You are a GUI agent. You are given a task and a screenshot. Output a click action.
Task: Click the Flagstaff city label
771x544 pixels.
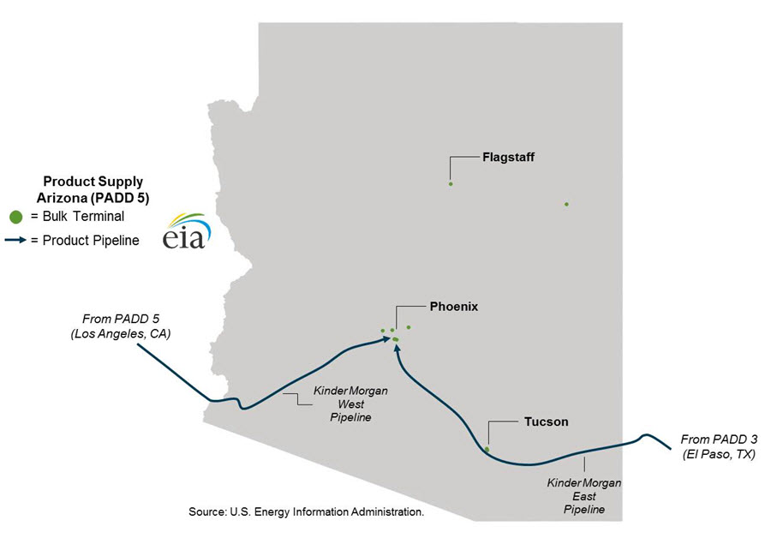[x=508, y=157]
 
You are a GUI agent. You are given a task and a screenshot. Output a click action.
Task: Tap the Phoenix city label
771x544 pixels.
[x=453, y=306]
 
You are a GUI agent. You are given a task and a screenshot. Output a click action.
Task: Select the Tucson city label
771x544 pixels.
[x=546, y=421]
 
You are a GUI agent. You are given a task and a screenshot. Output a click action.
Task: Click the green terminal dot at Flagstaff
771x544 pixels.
[x=451, y=183]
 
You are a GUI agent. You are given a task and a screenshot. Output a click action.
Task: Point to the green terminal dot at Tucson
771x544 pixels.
[x=487, y=449]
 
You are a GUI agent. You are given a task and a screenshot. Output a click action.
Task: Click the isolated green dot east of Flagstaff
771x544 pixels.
[x=566, y=204]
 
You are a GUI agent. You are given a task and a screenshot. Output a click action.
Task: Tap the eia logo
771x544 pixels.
[x=184, y=231]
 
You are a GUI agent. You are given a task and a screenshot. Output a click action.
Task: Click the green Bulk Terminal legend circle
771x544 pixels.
[x=15, y=217]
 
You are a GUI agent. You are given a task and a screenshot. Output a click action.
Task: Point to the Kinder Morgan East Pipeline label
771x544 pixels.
[x=584, y=497]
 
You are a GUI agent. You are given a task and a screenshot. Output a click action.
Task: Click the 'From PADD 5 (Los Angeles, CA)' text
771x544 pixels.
[x=121, y=326]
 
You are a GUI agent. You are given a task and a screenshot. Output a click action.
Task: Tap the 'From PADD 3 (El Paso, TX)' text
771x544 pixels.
[x=719, y=447]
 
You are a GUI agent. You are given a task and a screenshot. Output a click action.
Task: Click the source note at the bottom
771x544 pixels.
[x=306, y=511]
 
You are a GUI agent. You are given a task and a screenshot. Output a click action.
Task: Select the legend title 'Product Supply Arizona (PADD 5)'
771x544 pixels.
[x=94, y=189]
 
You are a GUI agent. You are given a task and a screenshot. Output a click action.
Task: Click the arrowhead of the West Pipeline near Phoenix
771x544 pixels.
[x=386, y=339]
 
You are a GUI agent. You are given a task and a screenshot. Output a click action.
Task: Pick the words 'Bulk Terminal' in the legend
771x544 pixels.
[x=78, y=217]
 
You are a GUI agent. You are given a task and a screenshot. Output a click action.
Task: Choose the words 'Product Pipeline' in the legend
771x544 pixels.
[x=85, y=241]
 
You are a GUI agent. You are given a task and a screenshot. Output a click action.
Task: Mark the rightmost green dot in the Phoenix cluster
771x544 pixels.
[x=409, y=327]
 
